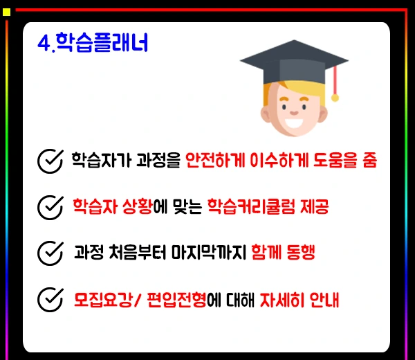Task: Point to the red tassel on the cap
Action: pos(335,83)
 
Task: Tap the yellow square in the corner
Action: pos(7,12)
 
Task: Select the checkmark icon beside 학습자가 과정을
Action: pos(50,161)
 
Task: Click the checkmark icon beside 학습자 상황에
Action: pos(50,206)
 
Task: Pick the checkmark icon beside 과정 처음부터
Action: pos(50,252)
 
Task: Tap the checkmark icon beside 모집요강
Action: pos(50,300)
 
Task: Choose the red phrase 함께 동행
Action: pos(283,252)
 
